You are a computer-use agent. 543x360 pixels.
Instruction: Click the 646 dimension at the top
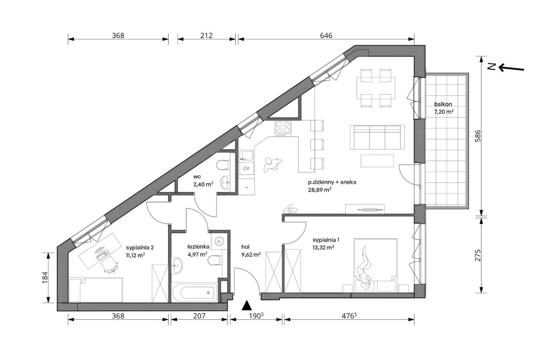(x=326, y=36)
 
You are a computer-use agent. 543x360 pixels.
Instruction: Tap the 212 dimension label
(x=206, y=36)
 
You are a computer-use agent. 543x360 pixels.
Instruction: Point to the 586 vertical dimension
(x=477, y=136)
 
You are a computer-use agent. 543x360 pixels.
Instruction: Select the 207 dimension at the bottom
(x=199, y=316)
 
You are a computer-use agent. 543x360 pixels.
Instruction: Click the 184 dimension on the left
(x=45, y=278)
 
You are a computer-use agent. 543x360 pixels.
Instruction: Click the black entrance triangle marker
(x=247, y=305)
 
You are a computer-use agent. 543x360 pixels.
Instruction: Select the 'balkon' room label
(x=443, y=104)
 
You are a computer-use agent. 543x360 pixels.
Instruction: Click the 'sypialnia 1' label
(x=326, y=240)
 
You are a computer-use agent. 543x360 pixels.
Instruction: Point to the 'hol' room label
(x=245, y=247)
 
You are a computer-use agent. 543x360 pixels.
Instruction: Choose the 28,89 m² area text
(x=319, y=190)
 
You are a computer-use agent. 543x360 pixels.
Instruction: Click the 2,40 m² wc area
(x=203, y=184)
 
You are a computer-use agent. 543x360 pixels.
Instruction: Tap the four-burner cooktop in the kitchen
(x=283, y=128)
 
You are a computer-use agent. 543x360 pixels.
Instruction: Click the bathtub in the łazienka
(x=194, y=293)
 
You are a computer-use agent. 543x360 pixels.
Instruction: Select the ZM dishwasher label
(x=246, y=168)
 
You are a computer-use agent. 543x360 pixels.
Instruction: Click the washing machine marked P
(x=219, y=241)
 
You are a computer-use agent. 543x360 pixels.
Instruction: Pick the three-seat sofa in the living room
(x=377, y=137)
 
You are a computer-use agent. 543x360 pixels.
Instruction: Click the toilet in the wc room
(x=223, y=165)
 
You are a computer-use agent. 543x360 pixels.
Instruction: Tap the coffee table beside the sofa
(x=377, y=161)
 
